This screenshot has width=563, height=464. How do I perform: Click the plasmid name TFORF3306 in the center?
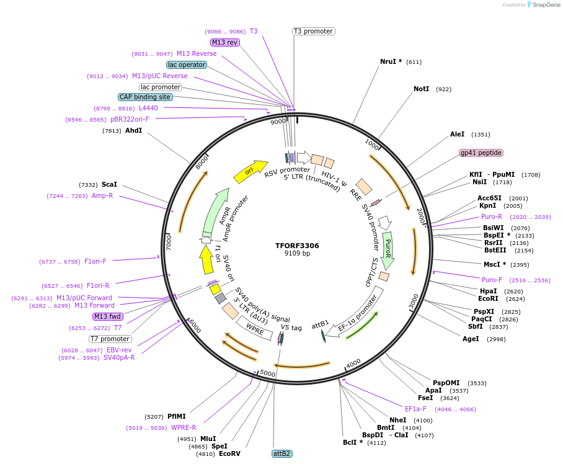(x=297, y=246)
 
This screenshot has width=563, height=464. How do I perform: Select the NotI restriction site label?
(x=421, y=89)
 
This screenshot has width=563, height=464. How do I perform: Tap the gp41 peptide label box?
(x=481, y=153)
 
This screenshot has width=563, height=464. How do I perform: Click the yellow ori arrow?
(x=250, y=171)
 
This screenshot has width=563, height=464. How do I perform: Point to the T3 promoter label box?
(x=313, y=31)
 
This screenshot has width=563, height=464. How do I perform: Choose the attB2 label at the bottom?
(x=281, y=453)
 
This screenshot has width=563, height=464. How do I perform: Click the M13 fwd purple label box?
(x=108, y=316)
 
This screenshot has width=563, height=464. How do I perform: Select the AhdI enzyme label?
(x=133, y=131)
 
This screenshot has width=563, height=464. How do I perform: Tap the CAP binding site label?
(x=145, y=97)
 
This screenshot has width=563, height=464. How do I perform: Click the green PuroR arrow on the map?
(x=389, y=250)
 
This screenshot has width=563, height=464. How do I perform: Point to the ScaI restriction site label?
(x=109, y=184)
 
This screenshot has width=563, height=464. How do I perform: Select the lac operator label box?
(x=187, y=65)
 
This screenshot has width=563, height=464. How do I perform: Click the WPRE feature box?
(x=255, y=326)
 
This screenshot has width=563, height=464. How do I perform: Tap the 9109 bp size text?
(x=297, y=254)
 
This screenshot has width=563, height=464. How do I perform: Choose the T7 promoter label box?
(x=110, y=339)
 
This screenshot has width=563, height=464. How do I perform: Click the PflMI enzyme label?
(x=176, y=416)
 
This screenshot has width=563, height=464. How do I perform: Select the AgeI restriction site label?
(x=471, y=339)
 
